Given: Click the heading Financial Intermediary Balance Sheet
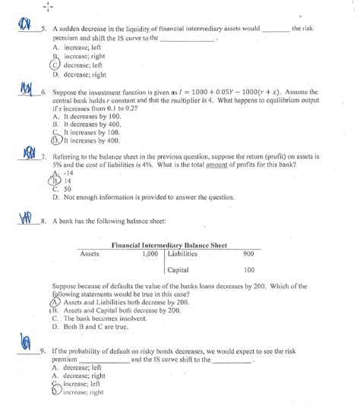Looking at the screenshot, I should pyautogui.click(x=168, y=247).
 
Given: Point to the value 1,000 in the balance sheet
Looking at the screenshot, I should pyautogui.click(x=149, y=254).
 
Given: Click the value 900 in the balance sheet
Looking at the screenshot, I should pyautogui.click(x=248, y=254).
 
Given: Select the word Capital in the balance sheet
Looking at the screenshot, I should pyautogui.click(x=178, y=269).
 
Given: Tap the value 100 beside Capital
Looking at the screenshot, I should pyautogui.click(x=248, y=269).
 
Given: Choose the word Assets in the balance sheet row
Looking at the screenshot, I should pyautogui.click(x=90, y=254).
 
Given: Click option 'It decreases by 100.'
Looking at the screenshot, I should pyautogui.click(x=90, y=117).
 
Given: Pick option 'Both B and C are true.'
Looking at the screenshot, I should pyautogui.click(x=99, y=327).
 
